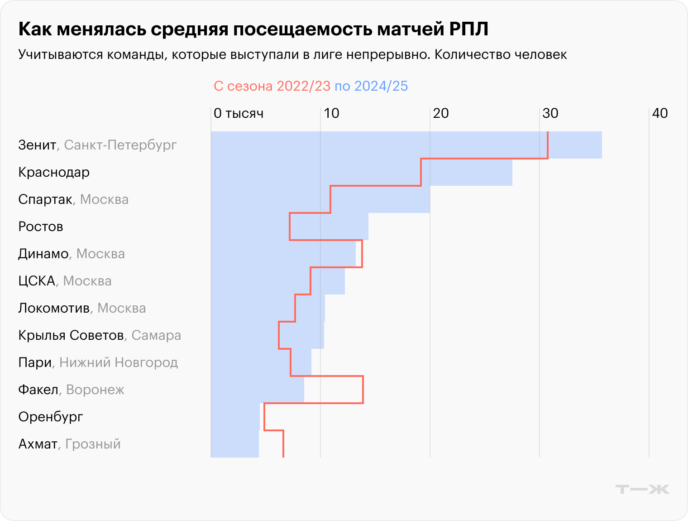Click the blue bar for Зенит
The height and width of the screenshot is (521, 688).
point(406,145)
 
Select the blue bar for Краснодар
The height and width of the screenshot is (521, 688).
point(361,172)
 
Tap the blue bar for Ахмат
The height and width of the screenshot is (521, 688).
point(235,444)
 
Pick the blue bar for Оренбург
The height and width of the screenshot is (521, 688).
point(235,417)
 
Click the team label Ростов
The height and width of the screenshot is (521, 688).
point(41,227)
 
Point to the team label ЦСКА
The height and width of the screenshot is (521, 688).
point(37,281)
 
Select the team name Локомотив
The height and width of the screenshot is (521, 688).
point(54,308)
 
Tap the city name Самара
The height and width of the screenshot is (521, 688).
point(156,335)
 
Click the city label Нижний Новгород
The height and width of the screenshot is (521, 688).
point(119,362)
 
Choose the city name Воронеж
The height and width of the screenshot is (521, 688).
point(95,390)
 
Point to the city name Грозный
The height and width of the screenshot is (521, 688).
point(93,444)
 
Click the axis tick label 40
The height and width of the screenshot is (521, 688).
point(659,113)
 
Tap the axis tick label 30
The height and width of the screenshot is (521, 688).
point(550,113)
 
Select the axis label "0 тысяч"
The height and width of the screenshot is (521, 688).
point(239,113)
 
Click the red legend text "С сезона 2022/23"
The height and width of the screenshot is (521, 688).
point(272,86)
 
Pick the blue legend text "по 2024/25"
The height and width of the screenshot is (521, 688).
point(371,86)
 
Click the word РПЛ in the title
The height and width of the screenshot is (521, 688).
point(469,29)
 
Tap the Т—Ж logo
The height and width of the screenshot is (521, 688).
point(642,489)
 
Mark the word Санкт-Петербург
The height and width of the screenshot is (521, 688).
point(120,145)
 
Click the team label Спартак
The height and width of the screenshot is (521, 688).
point(45,199)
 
